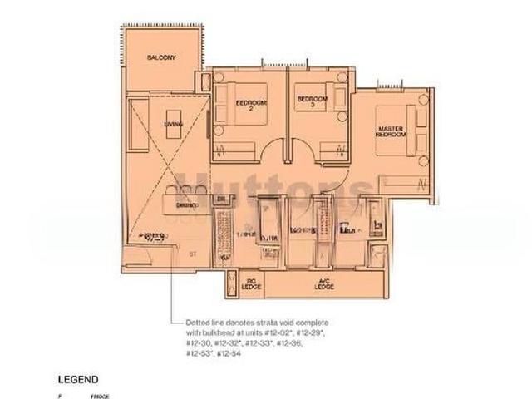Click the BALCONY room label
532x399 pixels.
point(161,57)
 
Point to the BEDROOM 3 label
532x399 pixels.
point(312,102)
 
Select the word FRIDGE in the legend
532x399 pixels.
point(100,397)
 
